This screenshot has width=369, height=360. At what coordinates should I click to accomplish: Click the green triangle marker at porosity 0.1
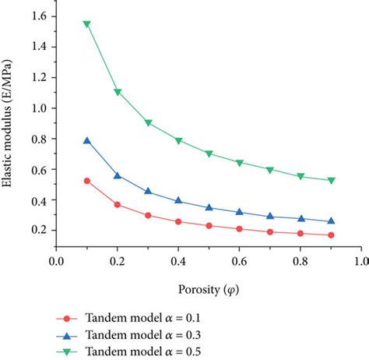click(87, 24)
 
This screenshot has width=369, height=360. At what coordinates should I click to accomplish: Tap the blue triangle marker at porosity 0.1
click(87, 141)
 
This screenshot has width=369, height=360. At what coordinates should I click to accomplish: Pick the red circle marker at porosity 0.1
click(87, 181)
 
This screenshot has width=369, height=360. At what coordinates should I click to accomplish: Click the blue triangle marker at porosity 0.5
click(209, 207)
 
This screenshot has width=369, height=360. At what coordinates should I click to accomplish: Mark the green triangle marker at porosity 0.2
click(118, 92)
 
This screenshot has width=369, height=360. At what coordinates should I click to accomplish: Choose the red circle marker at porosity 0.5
click(209, 226)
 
